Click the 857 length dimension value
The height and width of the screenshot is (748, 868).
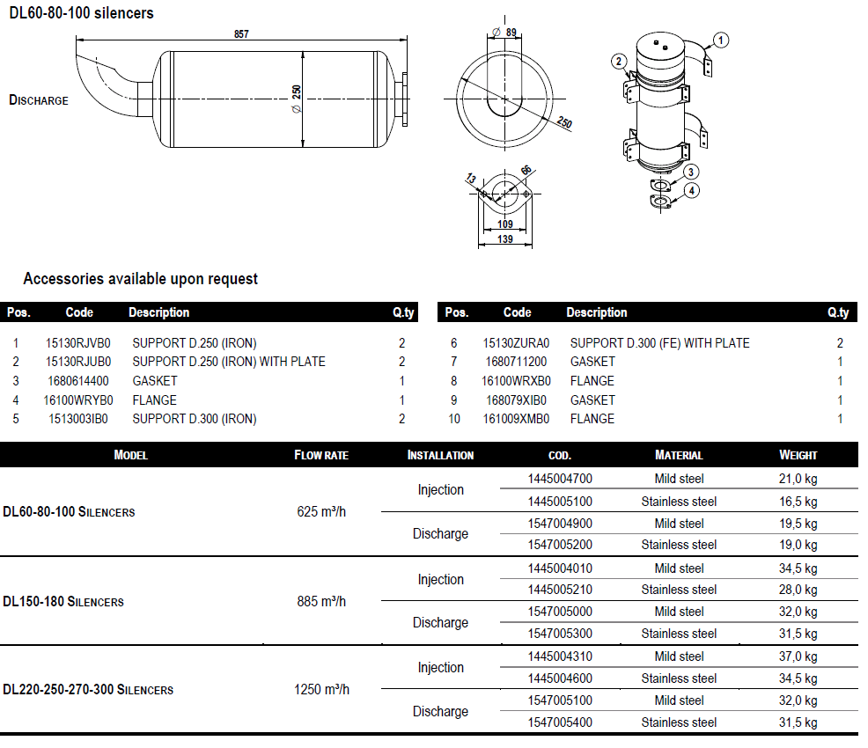241,34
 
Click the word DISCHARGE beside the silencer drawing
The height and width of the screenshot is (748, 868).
39,100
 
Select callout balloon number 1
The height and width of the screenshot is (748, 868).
721,39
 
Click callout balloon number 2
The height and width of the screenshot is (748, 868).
620,61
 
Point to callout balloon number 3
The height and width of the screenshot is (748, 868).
692,172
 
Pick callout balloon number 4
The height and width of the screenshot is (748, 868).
692,190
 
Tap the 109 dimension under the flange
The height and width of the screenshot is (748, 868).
504,224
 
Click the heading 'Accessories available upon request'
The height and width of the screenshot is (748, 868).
141,279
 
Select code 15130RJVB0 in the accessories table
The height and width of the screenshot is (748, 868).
77,343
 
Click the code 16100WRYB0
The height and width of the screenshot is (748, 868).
78,400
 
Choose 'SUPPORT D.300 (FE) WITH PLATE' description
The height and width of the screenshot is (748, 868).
659,343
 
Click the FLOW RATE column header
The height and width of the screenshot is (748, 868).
321,456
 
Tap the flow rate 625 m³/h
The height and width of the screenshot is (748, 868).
321,511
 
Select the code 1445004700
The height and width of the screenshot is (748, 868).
560,480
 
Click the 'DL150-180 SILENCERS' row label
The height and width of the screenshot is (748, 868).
63,602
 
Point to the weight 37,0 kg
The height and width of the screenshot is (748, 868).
798,656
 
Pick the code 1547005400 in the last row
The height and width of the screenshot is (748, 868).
560,722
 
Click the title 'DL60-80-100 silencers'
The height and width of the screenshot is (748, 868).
81,13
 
